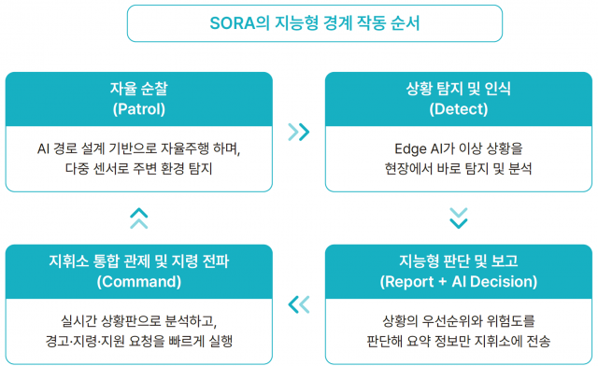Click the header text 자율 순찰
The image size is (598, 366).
click(x=138, y=90)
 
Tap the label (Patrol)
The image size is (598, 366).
click(x=138, y=109)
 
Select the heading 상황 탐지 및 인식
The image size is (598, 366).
click(x=458, y=90)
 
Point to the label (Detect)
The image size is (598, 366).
click(x=458, y=109)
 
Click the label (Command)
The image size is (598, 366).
click(x=138, y=281)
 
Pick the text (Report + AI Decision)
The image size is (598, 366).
click(x=458, y=281)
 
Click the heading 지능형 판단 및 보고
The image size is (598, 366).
click(x=458, y=261)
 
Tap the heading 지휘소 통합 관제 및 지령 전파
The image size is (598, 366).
click(x=138, y=261)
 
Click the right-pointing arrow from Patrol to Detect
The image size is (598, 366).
click(x=299, y=132)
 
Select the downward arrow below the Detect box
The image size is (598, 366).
click(x=458, y=218)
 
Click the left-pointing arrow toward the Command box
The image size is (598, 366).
click(x=299, y=303)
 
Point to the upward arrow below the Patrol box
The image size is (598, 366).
click(x=138, y=218)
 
